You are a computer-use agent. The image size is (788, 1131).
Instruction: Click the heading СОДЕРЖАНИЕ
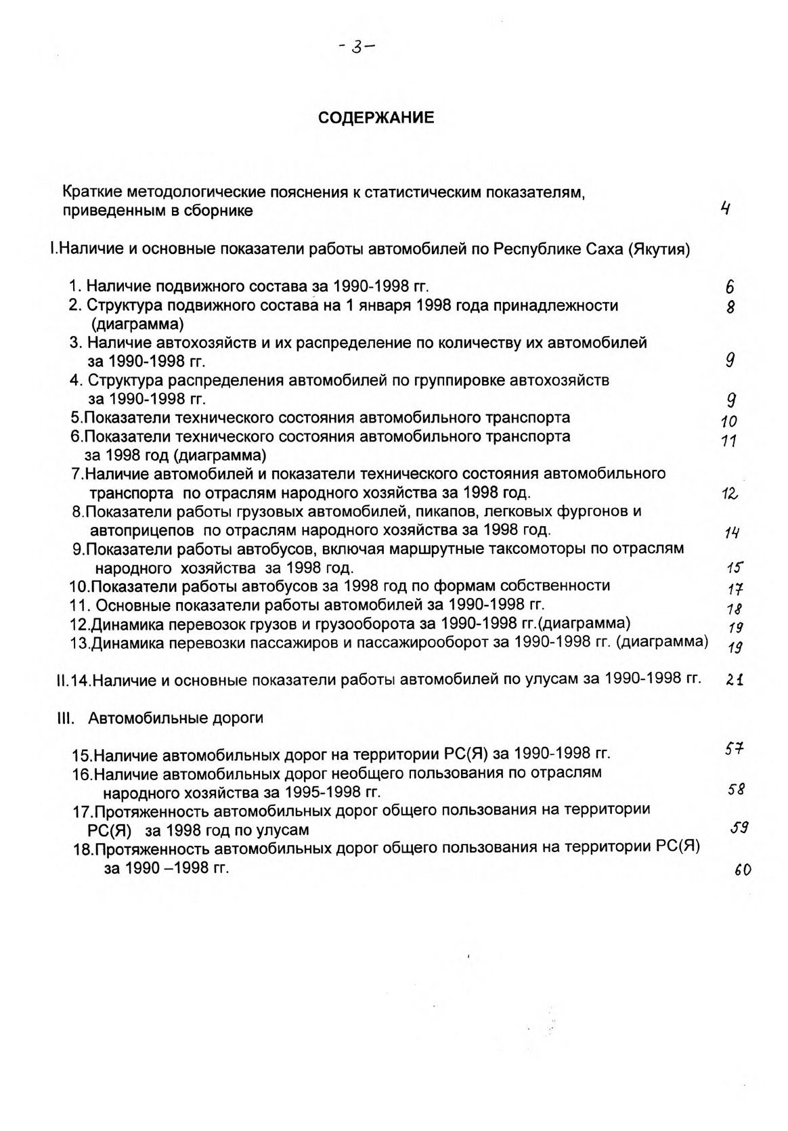(376, 118)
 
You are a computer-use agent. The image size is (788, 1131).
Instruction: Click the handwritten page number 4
(725, 209)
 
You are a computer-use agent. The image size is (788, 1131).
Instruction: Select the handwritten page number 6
(730, 287)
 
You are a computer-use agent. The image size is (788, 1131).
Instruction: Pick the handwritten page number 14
(731, 532)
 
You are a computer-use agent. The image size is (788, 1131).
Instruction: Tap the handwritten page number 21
(735, 679)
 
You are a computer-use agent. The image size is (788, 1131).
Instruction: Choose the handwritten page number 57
(735, 749)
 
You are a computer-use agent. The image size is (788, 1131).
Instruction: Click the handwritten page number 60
(743, 871)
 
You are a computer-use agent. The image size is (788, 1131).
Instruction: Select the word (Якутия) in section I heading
(659, 249)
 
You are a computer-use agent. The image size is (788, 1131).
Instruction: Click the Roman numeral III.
(64, 719)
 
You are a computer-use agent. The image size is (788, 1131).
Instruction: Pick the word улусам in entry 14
(550, 679)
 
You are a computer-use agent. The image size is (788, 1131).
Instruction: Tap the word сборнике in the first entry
(220, 211)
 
